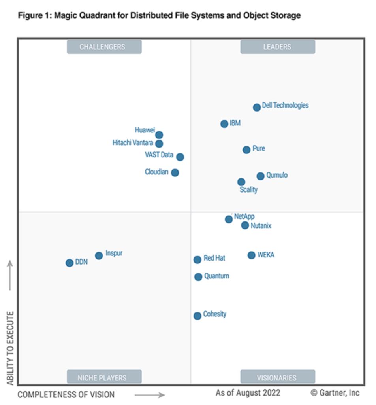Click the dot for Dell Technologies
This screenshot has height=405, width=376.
[257, 107]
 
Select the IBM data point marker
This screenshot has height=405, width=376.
[224, 124]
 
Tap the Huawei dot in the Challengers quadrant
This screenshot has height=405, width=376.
[159, 135]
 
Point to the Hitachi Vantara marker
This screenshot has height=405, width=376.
[159, 144]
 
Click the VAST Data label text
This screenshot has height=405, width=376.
[159, 155]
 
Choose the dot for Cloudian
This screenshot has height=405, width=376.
[175, 172]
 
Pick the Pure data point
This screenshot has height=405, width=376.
[246, 150]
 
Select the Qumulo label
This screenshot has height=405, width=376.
[277, 175]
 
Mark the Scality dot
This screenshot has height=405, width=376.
[241, 182]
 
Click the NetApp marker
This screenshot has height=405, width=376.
[229, 219]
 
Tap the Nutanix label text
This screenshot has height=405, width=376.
[261, 226]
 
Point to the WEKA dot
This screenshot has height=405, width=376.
[252, 255]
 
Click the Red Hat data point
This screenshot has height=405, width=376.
[197, 260]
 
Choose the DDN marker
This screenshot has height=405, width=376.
[70, 263]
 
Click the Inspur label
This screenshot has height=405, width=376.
[114, 253]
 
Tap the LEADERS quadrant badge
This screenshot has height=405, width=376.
[278, 47]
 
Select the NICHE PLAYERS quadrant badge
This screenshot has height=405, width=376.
[104, 377]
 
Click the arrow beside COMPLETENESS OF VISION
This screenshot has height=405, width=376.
[150, 394]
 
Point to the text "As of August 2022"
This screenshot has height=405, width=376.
[248, 393]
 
